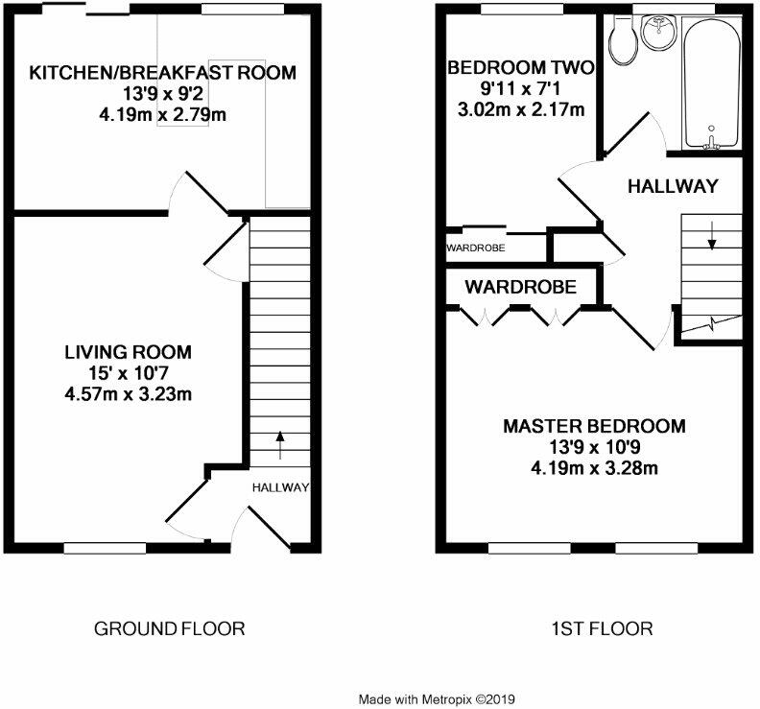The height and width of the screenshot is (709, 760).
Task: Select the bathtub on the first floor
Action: click(x=711, y=82)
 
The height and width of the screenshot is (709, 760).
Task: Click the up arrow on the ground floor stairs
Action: click(x=279, y=444)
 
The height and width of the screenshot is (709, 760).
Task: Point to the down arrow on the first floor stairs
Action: click(x=711, y=235)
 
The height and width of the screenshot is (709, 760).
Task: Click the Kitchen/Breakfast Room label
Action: click(x=162, y=73)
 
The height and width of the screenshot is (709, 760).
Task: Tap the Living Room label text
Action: click(x=128, y=352)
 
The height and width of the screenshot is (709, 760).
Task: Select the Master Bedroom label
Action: click(x=594, y=426)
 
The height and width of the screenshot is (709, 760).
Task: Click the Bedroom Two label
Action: click(x=520, y=67)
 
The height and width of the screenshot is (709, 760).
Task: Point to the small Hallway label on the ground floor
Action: click(x=280, y=487)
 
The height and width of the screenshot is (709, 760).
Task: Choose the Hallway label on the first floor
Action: click(x=673, y=186)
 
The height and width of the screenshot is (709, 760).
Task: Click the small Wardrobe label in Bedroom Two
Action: click(x=476, y=248)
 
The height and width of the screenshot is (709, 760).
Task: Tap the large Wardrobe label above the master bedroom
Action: click(x=520, y=287)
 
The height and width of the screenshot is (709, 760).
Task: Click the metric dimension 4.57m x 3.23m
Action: click(x=128, y=394)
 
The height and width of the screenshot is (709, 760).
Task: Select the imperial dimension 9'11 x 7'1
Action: click(x=520, y=88)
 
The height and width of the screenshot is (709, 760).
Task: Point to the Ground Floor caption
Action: click(x=169, y=628)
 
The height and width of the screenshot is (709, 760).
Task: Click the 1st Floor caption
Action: click(x=602, y=628)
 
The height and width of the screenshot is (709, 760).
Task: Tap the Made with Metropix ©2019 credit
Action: click(x=437, y=699)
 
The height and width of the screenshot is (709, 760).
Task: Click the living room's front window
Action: click(x=106, y=548)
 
